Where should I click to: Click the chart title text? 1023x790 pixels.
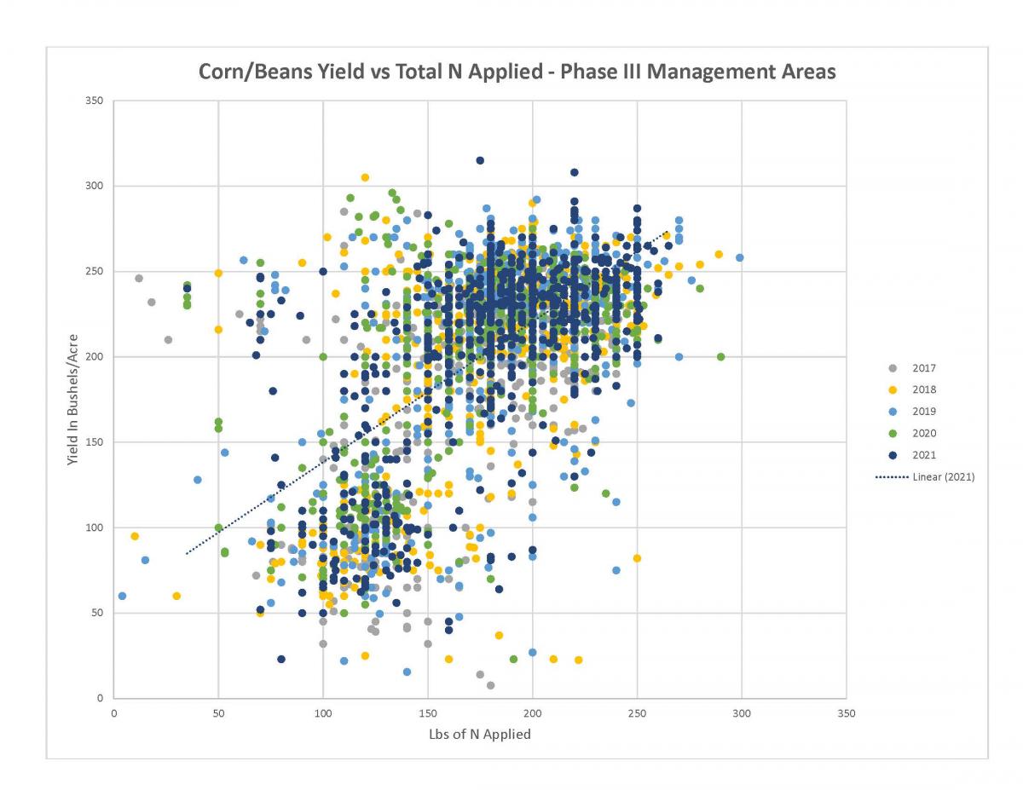tap(517, 72)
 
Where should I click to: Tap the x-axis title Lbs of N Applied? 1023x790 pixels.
tap(479, 734)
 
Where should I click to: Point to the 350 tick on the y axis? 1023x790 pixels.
tap(95, 101)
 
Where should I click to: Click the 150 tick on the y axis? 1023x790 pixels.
tap(95, 442)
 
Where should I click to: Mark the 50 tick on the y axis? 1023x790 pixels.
tap(97, 613)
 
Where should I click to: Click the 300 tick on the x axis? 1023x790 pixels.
tap(742, 713)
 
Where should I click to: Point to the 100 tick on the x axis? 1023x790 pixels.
tap(323, 713)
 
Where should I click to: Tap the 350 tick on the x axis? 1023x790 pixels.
tap(847, 713)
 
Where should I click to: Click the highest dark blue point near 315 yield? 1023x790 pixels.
tap(480, 160)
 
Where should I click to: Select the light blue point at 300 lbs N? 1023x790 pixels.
tap(740, 257)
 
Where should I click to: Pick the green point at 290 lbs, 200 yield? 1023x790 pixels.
tap(721, 356)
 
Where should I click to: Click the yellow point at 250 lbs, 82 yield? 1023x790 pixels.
tap(637, 558)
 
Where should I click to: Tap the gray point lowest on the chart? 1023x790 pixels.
tap(490, 685)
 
